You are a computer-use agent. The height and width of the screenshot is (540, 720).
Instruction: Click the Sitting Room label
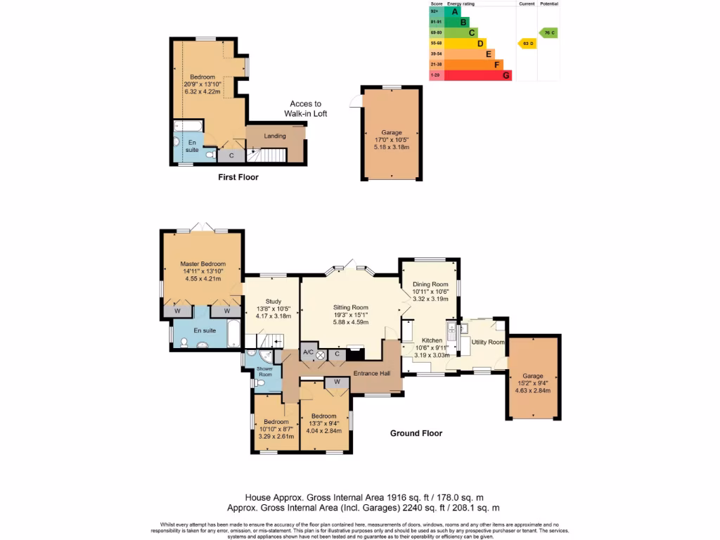[x=350, y=307]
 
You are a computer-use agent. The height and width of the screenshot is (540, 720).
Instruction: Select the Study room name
[x=274, y=300]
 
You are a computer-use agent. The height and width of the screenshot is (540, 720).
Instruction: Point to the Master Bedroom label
[x=202, y=264]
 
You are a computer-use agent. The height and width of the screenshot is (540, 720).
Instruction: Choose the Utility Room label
[x=488, y=342]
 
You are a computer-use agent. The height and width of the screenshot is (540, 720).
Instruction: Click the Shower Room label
[x=264, y=371]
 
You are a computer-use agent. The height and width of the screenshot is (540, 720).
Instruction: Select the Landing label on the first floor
[x=274, y=136]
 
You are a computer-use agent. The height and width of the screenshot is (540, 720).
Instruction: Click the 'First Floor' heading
[x=238, y=177]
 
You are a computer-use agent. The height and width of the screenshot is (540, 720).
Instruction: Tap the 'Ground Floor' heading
[x=416, y=433]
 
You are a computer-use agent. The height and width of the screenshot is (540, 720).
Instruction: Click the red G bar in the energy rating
[x=506, y=75]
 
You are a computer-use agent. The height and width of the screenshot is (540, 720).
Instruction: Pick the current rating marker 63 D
[x=526, y=44]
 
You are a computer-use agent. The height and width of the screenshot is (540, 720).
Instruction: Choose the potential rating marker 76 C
[x=548, y=32]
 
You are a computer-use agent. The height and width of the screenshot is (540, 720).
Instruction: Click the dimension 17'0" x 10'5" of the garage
[x=391, y=140]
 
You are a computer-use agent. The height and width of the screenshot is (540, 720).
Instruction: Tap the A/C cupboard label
[x=308, y=352]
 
